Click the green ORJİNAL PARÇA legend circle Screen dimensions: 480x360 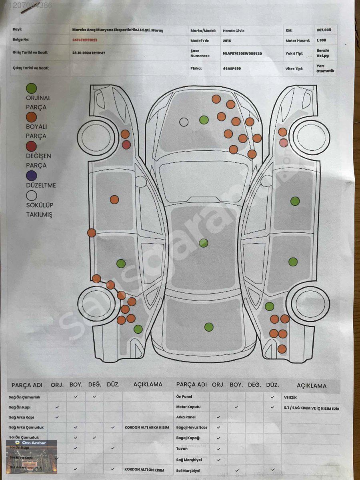tap(31, 88)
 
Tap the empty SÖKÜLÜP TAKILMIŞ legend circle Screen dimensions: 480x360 tap(31, 195)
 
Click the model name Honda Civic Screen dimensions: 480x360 tap(234, 31)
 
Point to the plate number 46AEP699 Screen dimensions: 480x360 tap(232, 68)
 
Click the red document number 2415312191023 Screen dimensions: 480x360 tap(85, 40)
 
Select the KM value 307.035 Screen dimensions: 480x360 tap(324, 30)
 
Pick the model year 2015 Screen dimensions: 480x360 tap(227, 40)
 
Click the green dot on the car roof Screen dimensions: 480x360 tap(204, 243)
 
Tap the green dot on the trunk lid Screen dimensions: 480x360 tap(209, 327)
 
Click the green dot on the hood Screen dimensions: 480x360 tap(204, 120)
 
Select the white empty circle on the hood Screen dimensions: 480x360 tap(184, 122)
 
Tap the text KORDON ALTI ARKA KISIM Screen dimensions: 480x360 tap(147, 427)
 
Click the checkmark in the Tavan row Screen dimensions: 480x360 tap(218, 449)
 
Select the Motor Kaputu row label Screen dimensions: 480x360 tap(188, 407)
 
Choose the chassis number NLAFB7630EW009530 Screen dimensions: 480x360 tap(242, 53)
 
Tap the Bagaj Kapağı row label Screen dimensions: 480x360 tap(188, 438)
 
